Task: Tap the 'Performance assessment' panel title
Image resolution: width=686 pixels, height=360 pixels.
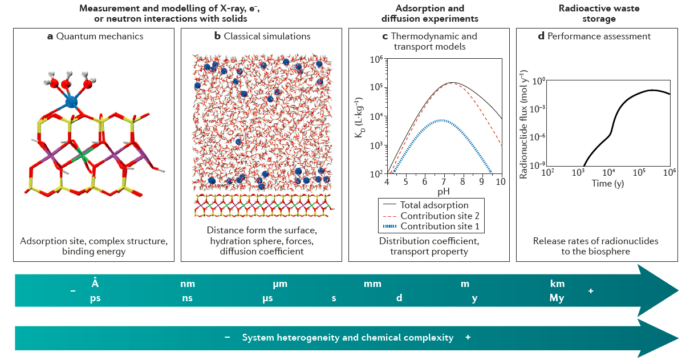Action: (x=599, y=37)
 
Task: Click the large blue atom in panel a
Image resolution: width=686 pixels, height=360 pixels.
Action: (x=71, y=102)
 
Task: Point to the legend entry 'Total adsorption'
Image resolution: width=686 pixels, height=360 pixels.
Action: (x=434, y=205)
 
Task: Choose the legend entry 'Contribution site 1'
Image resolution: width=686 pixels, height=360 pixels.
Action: (x=443, y=226)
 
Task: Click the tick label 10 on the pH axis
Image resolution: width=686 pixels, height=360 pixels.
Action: (x=500, y=182)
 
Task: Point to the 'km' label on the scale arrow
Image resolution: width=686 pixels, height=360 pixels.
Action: (x=557, y=284)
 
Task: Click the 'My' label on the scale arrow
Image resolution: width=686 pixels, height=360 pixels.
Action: (x=557, y=298)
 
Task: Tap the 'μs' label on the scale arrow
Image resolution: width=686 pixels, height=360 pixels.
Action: (x=269, y=298)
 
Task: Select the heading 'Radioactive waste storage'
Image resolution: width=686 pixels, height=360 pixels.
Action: (x=599, y=14)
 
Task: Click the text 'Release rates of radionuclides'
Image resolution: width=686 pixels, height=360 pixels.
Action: (x=595, y=241)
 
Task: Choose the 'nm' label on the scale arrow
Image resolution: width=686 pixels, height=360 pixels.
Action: (x=188, y=284)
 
